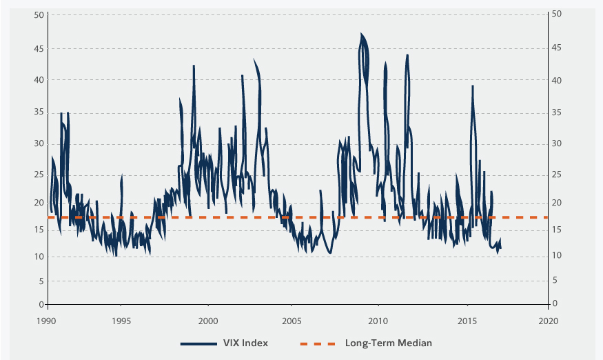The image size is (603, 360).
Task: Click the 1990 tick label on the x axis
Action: pyautogui.click(x=47, y=321)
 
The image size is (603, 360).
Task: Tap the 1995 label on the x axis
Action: pyautogui.click(x=121, y=321)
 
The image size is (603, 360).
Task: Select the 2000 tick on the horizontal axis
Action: pyautogui.click(x=208, y=321)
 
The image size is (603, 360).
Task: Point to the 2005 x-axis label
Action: pyautogui.click(x=292, y=321)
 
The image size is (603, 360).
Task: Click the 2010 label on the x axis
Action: pyautogui.click(x=377, y=321)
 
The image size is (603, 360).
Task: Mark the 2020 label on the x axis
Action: pyautogui.click(x=549, y=321)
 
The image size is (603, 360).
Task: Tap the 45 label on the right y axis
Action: pyautogui.click(x=557, y=48)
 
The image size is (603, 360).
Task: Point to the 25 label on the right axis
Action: pyautogui.click(x=557, y=176)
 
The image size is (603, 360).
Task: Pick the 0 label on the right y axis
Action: pyautogui.click(x=555, y=304)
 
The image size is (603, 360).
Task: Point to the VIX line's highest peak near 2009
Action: pyautogui.click(x=361, y=34)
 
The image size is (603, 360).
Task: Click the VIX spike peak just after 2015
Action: pyautogui.click(x=473, y=86)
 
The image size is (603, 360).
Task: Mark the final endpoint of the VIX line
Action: pyautogui.click(x=500, y=248)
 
